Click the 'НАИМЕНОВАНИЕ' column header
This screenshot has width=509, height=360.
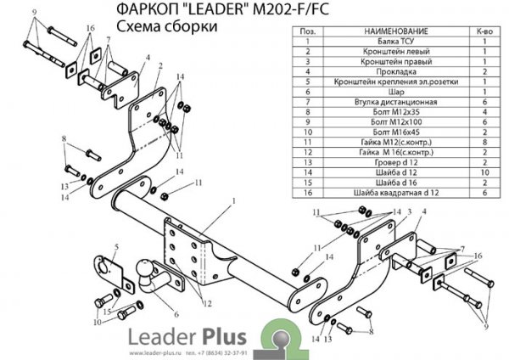[x=387, y=30]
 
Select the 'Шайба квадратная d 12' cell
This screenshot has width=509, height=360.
[x=387, y=193]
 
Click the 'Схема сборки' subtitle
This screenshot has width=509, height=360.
[x=161, y=26]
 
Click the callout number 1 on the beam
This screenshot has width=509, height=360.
[x=230, y=201]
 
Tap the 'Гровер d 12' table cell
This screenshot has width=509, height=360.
[x=387, y=161]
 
